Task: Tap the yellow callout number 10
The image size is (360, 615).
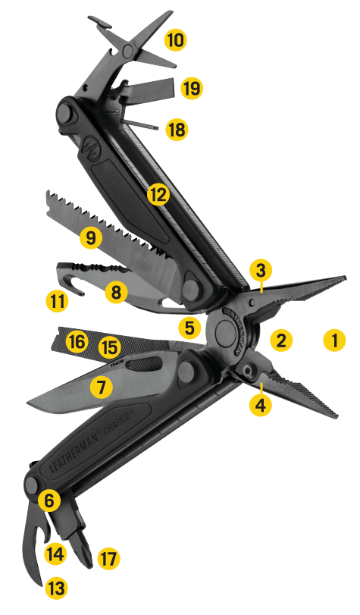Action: (x=175, y=39)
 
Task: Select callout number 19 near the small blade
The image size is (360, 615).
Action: (x=192, y=89)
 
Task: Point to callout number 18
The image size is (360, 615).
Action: (x=175, y=129)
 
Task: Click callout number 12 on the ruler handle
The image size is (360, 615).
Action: (x=158, y=195)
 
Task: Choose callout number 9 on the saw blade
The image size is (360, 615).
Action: (x=91, y=238)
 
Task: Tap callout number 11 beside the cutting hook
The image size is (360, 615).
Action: (x=56, y=301)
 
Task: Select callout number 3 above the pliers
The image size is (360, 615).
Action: (x=260, y=269)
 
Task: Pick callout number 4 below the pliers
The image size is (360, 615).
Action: (x=261, y=405)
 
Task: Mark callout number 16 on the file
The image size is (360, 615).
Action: (x=76, y=342)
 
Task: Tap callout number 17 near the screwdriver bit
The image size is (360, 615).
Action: (x=108, y=560)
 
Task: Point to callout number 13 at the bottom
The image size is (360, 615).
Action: (x=55, y=585)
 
